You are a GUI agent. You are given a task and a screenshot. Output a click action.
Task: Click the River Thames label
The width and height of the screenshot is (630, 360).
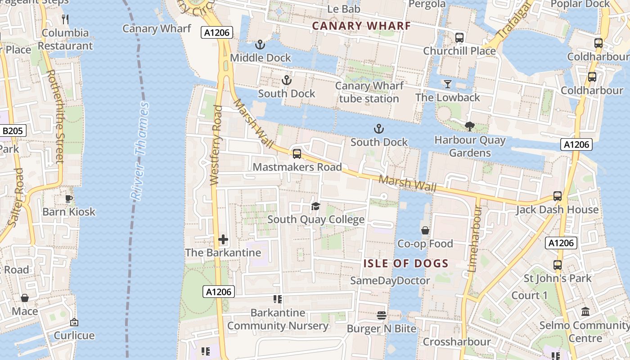(139, 151)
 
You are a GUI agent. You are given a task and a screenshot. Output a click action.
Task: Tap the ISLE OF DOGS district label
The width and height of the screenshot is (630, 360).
(406, 264)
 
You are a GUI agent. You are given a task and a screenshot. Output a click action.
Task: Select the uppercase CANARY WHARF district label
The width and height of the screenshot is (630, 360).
(361, 26)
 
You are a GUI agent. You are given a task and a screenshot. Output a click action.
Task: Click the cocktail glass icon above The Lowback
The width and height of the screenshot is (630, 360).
(447, 84)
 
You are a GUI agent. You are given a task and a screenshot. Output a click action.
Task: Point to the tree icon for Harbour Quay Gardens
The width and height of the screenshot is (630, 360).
(470, 126)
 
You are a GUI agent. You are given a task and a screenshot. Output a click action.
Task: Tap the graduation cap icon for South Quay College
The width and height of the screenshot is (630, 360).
(315, 206)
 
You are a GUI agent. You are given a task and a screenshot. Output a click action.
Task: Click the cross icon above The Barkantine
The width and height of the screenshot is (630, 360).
(223, 239)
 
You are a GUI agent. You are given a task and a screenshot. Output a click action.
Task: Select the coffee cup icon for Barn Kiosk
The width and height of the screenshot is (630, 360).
(69, 198)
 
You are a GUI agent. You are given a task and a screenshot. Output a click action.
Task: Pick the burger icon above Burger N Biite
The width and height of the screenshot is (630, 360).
(381, 315)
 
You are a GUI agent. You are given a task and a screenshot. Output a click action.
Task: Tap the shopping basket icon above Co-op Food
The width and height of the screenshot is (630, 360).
(425, 230)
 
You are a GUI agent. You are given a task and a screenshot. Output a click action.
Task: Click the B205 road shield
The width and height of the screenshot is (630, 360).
(13, 131)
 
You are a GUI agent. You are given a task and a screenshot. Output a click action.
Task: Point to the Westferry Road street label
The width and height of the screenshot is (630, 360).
(216, 145)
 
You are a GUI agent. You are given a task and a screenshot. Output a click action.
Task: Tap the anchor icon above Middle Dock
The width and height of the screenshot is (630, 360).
(260, 45)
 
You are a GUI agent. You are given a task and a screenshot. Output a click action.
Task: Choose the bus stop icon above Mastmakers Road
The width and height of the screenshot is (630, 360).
(297, 154)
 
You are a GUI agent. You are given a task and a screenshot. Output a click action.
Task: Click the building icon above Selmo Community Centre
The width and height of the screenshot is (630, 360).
(585, 311)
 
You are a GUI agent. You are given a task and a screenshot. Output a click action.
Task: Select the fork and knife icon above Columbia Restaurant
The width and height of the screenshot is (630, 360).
(65, 19)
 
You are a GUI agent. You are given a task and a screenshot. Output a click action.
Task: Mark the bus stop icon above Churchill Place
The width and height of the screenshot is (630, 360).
(459, 38)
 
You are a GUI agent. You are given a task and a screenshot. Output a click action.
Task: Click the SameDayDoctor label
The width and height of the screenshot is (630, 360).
(390, 281)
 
